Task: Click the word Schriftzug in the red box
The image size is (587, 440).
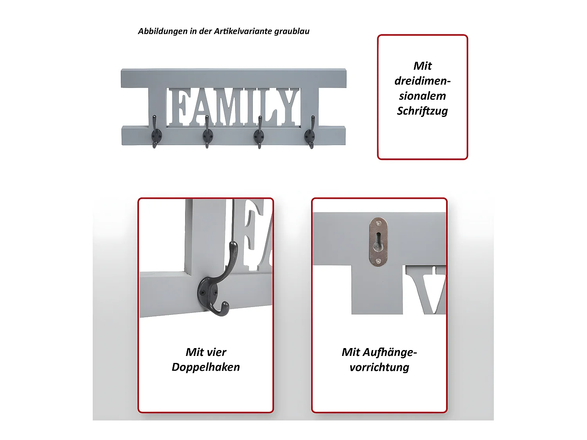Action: tap(422, 111)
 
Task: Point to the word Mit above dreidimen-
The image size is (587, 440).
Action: tap(422, 66)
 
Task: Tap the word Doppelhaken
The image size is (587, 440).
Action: tap(206, 367)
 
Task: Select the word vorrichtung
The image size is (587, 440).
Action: tap(379, 367)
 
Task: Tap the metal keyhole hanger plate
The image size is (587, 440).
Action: tap(378, 242)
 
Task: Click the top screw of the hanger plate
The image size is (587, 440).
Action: tap(378, 223)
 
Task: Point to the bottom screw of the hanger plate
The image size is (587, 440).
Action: tap(378, 261)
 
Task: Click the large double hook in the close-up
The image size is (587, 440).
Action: tap(218, 286)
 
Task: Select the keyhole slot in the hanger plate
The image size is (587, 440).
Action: tap(378, 241)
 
